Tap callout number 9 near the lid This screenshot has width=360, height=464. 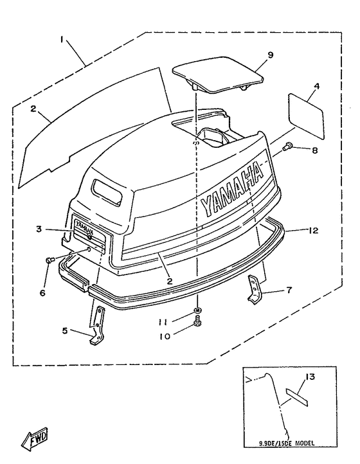(x=271, y=55)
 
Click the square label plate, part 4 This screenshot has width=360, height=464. (x=305, y=114)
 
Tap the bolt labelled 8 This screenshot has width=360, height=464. (x=289, y=147)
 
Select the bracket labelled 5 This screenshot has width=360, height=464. (x=96, y=325)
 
